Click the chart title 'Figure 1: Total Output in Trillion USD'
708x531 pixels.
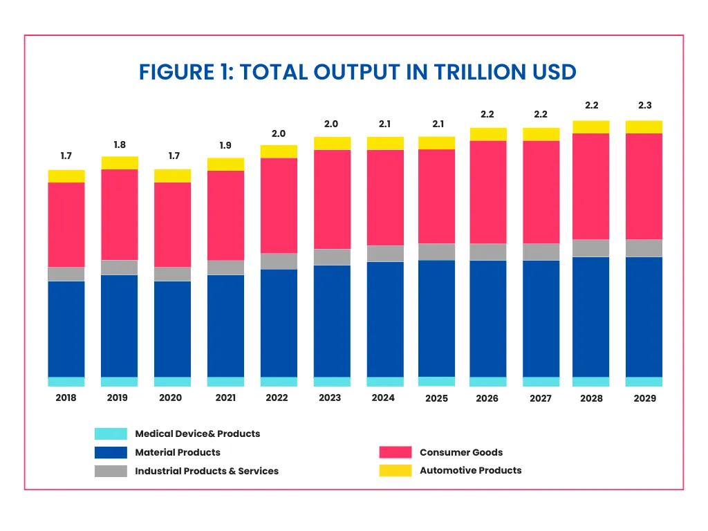[357, 72]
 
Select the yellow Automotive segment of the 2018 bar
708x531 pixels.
[66, 176]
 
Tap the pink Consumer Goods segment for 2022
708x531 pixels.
[279, 205]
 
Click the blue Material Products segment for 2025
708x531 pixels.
[437, 318]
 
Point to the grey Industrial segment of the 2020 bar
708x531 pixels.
[172, 274]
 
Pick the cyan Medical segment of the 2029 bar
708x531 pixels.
[644, 382]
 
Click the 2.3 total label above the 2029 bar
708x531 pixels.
[644, 106]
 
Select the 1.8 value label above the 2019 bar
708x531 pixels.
[120, 145]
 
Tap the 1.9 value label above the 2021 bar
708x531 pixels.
[225, 146]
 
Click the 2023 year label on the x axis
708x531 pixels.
[330, 398]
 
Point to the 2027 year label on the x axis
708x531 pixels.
[540, 398]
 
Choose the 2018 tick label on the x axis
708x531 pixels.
[66, 398]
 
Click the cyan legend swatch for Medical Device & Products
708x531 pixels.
[111, 434]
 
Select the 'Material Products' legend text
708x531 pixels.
[178, 452]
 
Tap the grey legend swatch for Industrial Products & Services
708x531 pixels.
[111, 471]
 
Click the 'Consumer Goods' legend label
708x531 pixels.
[461, 452]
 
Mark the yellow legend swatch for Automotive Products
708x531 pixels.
[395, 470]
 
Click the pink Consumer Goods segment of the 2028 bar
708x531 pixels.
[591, 186]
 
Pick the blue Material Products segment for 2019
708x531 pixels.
[120, 326]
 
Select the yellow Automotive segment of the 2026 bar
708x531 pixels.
[488, 134]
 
